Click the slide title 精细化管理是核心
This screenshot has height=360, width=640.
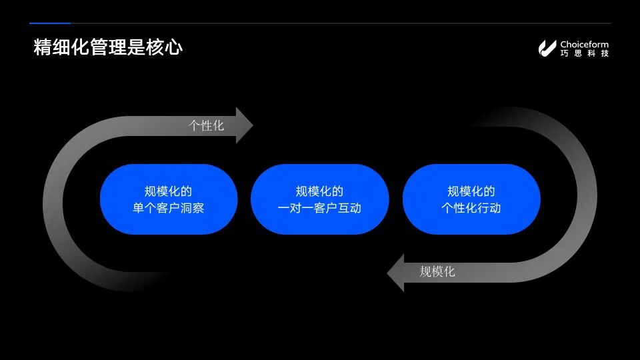pos(108,48)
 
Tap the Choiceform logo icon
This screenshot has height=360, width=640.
pos(547,48)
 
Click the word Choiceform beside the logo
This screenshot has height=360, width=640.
pos(584,44)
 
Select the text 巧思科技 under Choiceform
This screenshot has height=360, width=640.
pos(584,53)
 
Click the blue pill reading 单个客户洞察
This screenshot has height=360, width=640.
pos(169,199)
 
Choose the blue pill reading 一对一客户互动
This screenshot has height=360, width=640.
pos(319,199)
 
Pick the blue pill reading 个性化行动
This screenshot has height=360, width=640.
pos(471,199)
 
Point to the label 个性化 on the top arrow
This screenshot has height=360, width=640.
pos(207,125)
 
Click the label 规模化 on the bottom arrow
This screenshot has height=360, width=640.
pos(437,272)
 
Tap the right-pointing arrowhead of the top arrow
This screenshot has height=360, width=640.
pos(245,125)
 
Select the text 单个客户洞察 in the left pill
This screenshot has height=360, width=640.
pos(169,208)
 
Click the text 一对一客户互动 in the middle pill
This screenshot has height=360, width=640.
pos(319,208)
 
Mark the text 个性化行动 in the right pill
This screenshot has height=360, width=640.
pos(471,208)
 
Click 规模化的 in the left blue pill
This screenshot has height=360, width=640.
pos(169,191)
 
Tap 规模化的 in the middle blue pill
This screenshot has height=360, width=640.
pos(319,191)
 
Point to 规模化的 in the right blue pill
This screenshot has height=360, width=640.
pos(471,191)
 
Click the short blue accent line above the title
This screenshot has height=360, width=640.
pos(50,23)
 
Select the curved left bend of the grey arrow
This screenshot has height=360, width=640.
pos(57,200)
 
